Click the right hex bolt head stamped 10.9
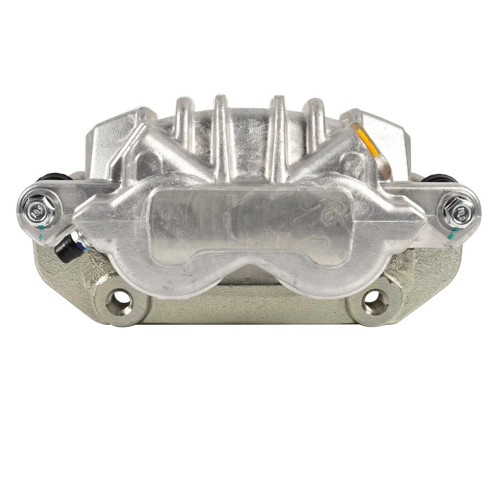[459, 212]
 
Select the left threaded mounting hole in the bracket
[118, 303]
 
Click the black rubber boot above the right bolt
[440, 179]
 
